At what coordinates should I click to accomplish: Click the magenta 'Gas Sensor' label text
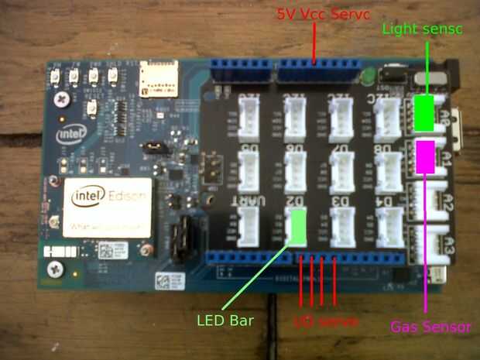pyautogui.click(x=430, y=327)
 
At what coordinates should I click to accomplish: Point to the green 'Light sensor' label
pyautogui.click(x=422, y=29)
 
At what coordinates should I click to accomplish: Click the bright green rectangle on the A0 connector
pyautogui.click(x=423, y=113)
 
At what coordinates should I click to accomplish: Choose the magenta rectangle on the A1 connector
pyautogui.click(x=425, y=156)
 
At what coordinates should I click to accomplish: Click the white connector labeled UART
pyautogui.click(x=251, y=227)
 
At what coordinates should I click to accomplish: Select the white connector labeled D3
pyautogui.click(x=342, y=227)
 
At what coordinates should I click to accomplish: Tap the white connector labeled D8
pyautogui.click(x=386, y=170)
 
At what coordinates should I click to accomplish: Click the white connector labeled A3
pyautogui.click(x=430, y=245)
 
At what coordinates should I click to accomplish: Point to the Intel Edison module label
pyautogui.click(x=108, y=204)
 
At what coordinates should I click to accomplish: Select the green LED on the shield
pyautogui.click(x=369, y=76)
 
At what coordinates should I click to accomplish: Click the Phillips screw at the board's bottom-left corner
pyautogui.click(x=55, y=269)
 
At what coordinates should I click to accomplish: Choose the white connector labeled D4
pyautogui.click(x=387, y=227)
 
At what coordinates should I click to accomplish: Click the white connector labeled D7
pyautogui.click(x=342, y=170)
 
